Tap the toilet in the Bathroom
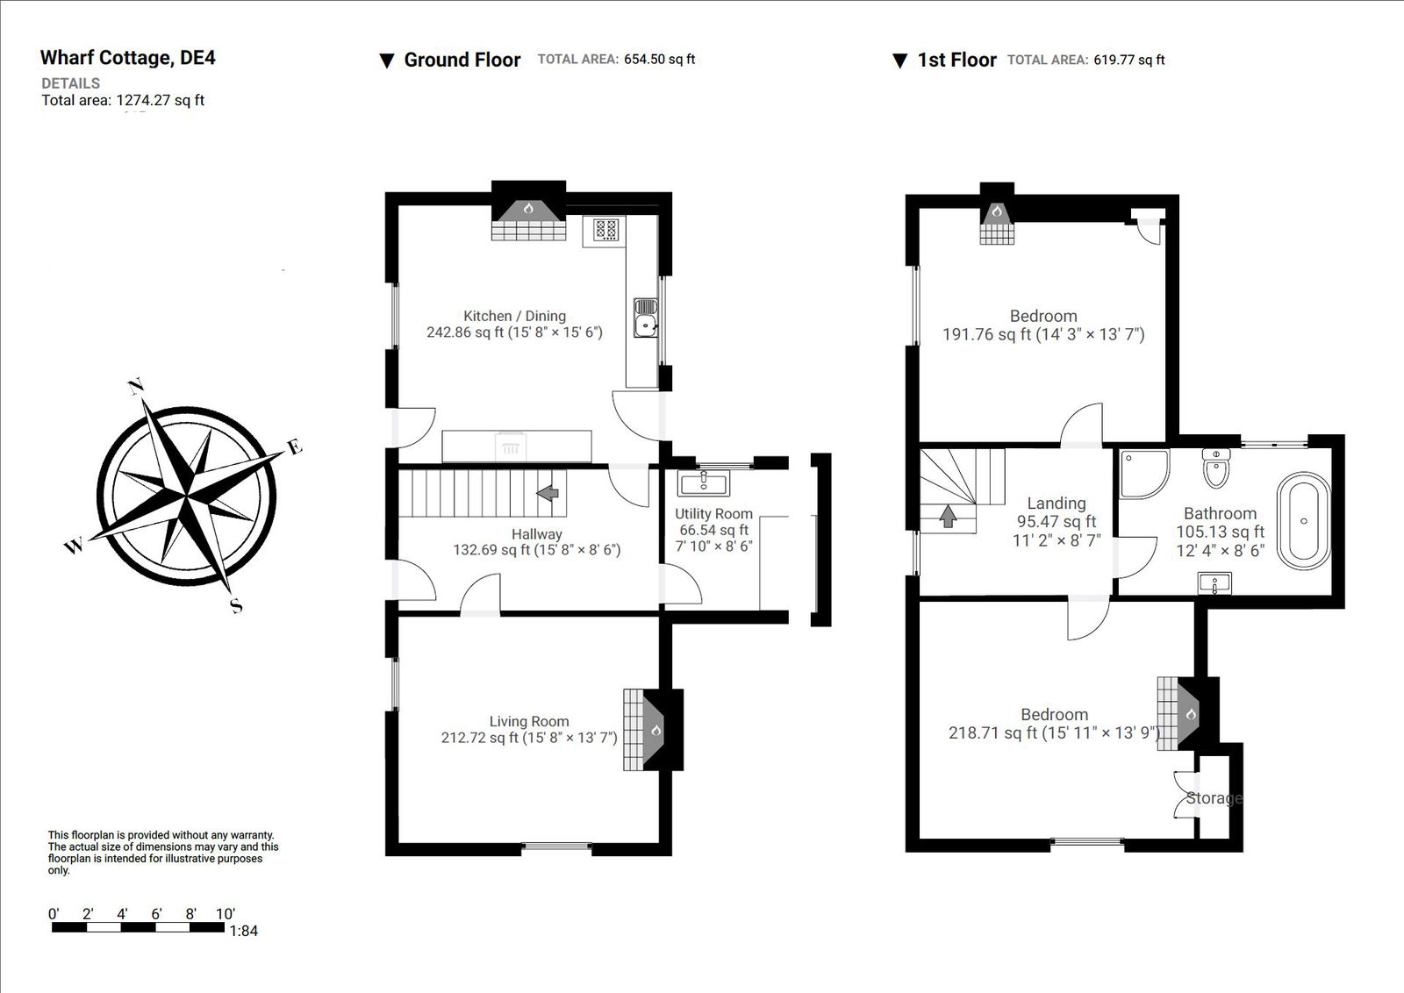point(1216,470)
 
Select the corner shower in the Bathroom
point(1143,474)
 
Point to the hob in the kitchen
point(605,230)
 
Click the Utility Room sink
point(703,483)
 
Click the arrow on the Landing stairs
point(948,517)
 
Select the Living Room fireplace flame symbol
point(655,730)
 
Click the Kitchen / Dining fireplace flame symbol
point(528,209)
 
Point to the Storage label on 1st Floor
point(1214,798)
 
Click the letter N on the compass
point(136,387)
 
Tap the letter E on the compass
point(295,446)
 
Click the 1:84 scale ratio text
point(243,931)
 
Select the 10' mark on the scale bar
point(225,914)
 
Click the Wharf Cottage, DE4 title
point(127,58)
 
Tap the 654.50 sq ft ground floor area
point(659,60)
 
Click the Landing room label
point(1057,504)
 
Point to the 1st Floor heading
point(956,60)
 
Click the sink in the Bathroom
point(1214,583)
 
